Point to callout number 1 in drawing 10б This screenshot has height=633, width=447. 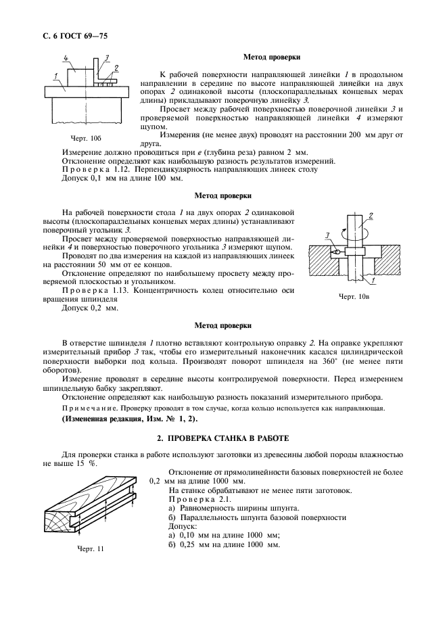52,74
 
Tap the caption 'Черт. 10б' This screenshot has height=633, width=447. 86,138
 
